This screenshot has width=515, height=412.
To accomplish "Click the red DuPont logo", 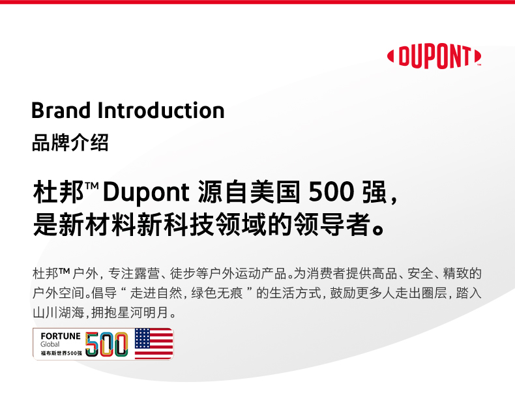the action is coord(434,56).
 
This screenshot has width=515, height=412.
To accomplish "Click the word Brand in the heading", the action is coord(61,110).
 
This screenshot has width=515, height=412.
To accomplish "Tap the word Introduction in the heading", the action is coord(161,110).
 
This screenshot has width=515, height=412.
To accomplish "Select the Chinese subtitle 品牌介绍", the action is coord(70,143).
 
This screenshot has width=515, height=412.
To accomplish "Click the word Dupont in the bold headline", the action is coord(146,192).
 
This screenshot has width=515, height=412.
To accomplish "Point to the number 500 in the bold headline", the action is coord(331,192).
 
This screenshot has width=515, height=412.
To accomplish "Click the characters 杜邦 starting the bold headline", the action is coord(59,192).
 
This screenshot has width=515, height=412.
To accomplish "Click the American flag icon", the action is coord(154,344).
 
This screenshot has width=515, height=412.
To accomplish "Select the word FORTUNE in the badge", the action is coord(61,336).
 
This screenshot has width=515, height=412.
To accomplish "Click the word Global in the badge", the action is coord(50,344).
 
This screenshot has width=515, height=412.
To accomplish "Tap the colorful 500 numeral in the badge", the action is coord(107,344).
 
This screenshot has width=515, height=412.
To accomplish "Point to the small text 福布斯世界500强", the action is coord(61,353).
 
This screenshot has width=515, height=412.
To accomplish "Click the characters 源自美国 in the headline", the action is coord(249,192).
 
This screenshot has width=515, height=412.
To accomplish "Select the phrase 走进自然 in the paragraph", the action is coord(156,293).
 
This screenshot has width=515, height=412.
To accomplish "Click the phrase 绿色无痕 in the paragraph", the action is coord(217,293).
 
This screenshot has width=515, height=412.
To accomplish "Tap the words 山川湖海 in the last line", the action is coord(59,313).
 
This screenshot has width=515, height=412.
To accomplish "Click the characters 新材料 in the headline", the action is coord(97,225).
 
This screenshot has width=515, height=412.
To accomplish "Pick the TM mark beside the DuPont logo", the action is coord(479,65).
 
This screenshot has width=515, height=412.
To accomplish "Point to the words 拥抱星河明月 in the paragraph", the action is coord(130,313).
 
